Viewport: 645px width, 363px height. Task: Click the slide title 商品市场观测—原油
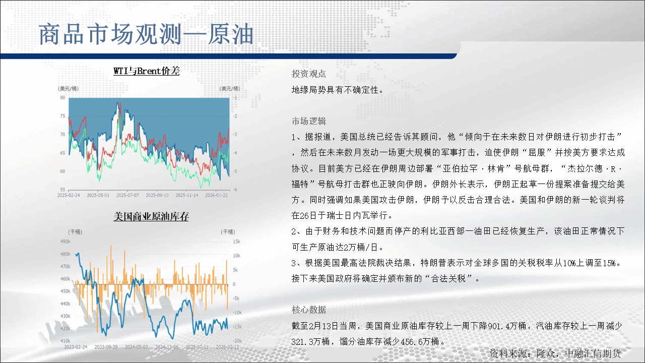(x=146, y=35)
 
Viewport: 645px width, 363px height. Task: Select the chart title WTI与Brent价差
(x=147, y=71)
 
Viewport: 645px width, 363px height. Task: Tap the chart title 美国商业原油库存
(x=151, y=217)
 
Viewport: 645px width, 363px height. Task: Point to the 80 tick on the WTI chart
(x=62, y=98)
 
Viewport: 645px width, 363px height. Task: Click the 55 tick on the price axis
(x=62, y=190)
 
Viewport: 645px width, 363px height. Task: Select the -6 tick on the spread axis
(x=235, y=190)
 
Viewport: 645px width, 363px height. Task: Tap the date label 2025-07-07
(x=127, y=195)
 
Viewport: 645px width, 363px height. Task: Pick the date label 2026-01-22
(x=216, y=195)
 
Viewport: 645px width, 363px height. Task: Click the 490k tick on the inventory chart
(x=66, y=241)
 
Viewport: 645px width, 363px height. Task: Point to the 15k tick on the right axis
(x=237, y=241)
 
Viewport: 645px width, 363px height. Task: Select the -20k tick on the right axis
(x=237, y=341)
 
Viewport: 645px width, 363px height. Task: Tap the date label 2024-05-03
(x=136, y=347)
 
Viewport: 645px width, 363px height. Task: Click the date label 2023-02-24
(x=76, y=347)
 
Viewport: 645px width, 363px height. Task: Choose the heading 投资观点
(x=309, y=74)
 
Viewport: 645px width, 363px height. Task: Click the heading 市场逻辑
(x=309, y=122)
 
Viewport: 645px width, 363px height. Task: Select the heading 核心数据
(x=309, y=310)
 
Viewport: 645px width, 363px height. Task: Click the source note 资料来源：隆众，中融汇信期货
(x=555, y=353)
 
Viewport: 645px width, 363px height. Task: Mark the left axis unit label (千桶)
(x=75, y=232)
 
